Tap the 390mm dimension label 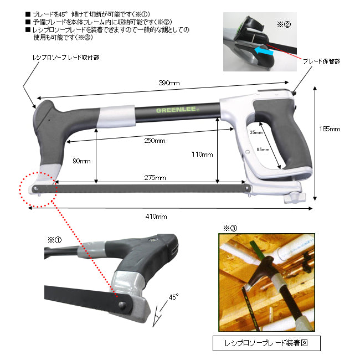point(169,83)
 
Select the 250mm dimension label point(155,141)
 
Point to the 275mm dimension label point(155,177)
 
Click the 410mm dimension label point(156,216)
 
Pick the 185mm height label point(330,129)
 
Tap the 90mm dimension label point(81,161)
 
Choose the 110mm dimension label point(202,155)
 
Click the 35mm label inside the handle point(256,132)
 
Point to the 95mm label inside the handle point(263,150)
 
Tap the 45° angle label point(173,297)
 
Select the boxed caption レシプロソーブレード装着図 point(266,343)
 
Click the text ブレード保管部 point(321,61)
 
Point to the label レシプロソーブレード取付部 point(66,57)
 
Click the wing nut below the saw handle point(295,198)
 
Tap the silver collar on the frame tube point(116,116)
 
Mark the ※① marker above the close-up point(55,240)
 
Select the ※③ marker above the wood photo point(230,228)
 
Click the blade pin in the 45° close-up point(121,305)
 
